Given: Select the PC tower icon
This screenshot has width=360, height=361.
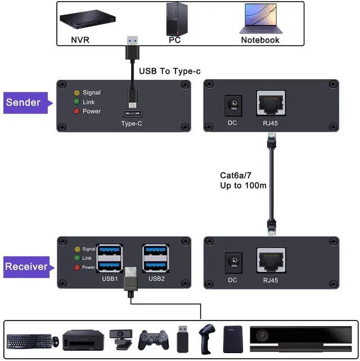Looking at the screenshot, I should (x=175, y=17).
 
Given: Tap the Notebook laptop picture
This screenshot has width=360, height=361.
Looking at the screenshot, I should (x=260, y=19).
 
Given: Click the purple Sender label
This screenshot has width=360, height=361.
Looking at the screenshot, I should (x=24, y=102).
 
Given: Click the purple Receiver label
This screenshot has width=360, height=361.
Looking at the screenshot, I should (x=26, y=266).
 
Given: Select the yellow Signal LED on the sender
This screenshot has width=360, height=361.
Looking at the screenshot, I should (x=77, y=93).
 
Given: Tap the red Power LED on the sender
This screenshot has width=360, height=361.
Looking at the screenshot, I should (x=77, y=111).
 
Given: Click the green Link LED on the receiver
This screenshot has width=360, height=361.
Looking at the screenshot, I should (x=77, y=258).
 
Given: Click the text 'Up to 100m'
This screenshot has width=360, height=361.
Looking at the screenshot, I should (x=243, y=185).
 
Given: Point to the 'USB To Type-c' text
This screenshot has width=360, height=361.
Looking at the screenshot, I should (x=169, y=71).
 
